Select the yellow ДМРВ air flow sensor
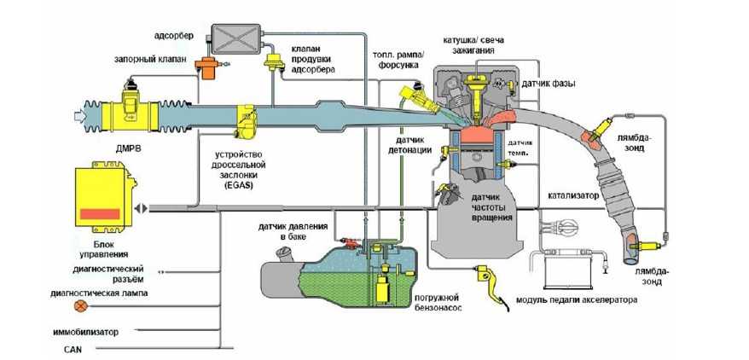(131, 108)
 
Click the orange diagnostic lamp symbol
(81, 305)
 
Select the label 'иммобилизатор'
(90, 332)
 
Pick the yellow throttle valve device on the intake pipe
(247, 123)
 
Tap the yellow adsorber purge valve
(276, 62)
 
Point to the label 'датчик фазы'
(547, 84)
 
